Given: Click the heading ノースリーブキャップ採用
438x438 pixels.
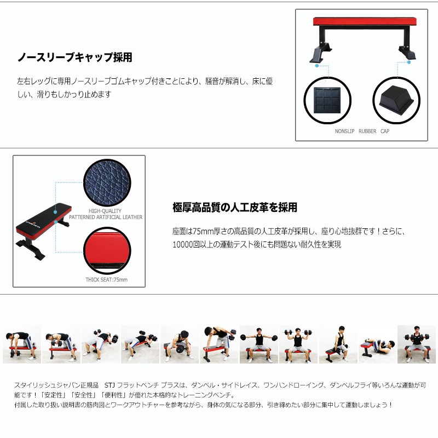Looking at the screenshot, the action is tap(74, 57).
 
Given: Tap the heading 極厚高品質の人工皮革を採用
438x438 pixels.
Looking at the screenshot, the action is tap(235, 208).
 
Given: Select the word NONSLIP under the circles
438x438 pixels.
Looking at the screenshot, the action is tap(344, 131).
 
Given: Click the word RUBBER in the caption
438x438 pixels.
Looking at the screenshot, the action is tap(367, 131).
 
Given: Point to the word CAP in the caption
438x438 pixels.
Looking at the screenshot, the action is tap(385, 131).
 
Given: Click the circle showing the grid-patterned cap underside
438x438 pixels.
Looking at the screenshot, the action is tap(327, 100).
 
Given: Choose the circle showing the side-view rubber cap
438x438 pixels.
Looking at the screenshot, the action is tap(396, 100).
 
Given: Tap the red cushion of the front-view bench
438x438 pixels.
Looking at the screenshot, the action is tap(365, 21).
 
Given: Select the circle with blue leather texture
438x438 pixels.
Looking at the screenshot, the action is tap(107, 183).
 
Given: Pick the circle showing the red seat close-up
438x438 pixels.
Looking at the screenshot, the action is tap(107, 251).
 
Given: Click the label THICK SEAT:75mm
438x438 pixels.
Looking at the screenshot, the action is tap(106, 280).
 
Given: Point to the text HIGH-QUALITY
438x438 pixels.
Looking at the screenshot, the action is tap(105, 211).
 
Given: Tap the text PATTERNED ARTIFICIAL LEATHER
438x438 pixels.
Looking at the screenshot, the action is tap(106, 217).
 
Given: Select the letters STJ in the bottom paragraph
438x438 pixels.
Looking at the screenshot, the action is tap(109, 385).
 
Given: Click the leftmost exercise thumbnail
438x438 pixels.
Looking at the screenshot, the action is tap(22, 344).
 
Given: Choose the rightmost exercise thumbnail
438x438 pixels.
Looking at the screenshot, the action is tap(417, 344).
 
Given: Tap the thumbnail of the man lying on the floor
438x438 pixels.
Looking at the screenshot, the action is tap(377, 344).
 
